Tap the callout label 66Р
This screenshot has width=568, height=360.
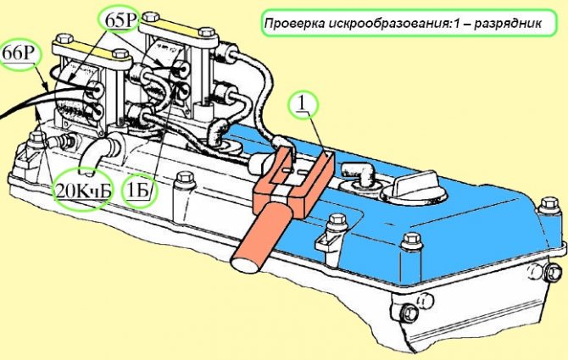17,54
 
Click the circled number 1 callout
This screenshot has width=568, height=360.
302,104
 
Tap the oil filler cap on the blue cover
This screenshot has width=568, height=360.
414,189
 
